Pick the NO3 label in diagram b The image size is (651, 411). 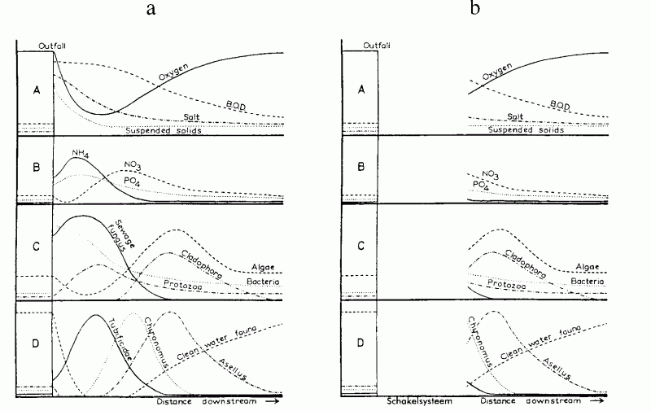click(490, 175)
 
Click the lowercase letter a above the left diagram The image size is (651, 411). click(151, 10)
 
